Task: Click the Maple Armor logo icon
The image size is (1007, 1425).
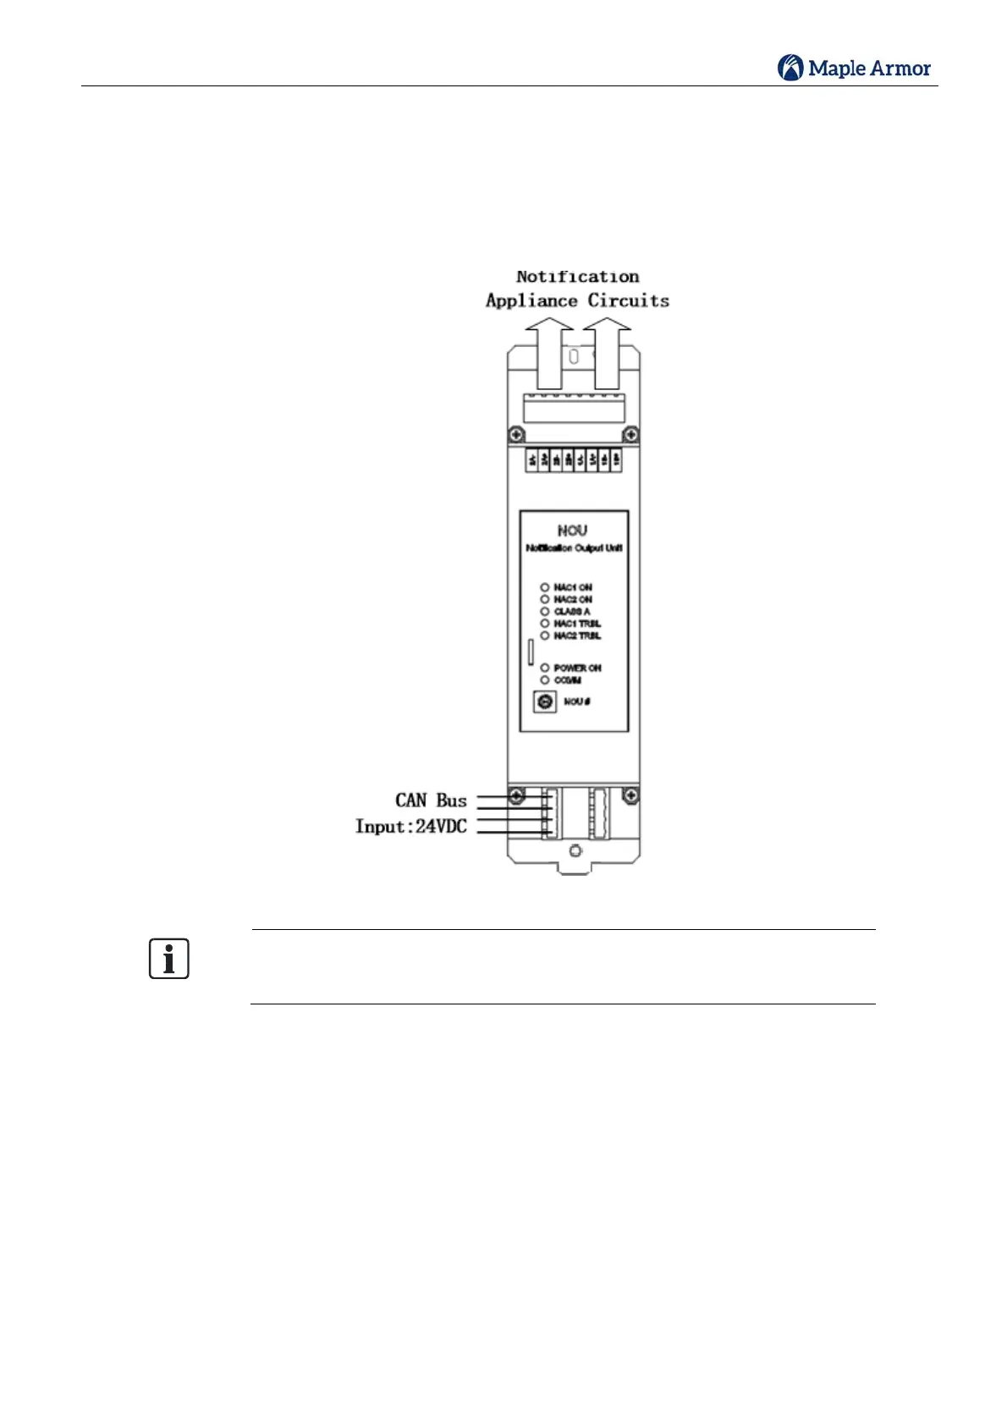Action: click(x=790, y=68)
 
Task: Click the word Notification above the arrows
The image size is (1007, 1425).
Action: click(x=578, y=277)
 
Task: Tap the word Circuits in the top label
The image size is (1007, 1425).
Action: click(x=628, y=300)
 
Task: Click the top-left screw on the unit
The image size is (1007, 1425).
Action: click(x=516, y=435)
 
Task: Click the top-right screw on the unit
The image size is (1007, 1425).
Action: click(x=630, y=435)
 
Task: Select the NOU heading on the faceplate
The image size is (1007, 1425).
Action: click(x=572, y=531)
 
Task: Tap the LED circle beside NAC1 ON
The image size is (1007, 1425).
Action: click(x=545, y=587)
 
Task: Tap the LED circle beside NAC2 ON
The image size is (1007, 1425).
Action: click(x=545, y=599)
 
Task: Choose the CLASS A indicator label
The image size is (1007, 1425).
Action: click(x=572, y=611)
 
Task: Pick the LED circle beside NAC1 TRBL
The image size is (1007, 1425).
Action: click(x=545, y=624)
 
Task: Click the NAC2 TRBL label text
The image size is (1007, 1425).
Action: click(x=577, y=635)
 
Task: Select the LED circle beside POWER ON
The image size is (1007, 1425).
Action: click(x=545, y=668)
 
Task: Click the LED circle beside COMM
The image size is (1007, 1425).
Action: click(x=545, y=679)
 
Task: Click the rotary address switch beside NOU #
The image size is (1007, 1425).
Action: click(x=545, y=701)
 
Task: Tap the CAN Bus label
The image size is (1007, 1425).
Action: click(x=431, y=801)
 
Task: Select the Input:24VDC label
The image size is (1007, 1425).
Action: click(x=411, y=827)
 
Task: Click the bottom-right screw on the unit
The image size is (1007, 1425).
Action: click(x=630, y=796)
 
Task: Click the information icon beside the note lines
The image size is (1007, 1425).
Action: click(x=169, y=959)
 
